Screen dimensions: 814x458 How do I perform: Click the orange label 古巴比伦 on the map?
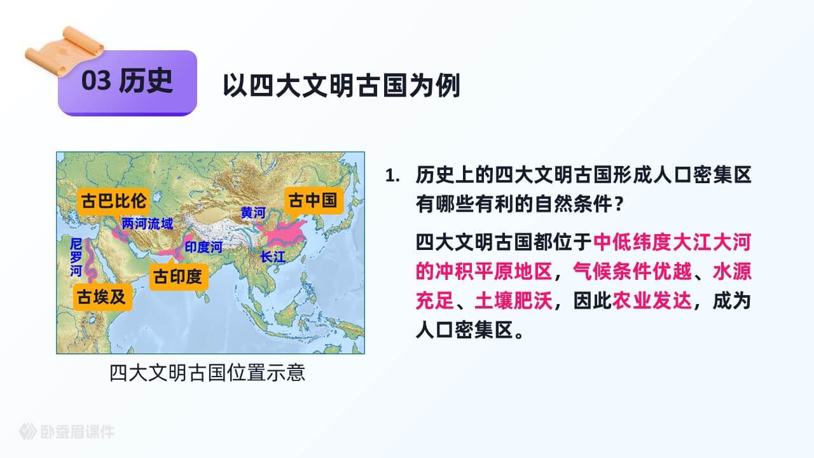pos(113,201)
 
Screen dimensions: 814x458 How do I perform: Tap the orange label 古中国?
pos(314,200)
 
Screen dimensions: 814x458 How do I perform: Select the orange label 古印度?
pos(179,277)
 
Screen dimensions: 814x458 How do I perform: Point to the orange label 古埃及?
pos(102,297)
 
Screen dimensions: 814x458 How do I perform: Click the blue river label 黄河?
pos(253,212)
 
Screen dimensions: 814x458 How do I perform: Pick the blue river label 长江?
pos(273,257)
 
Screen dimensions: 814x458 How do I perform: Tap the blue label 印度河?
pos(203,247)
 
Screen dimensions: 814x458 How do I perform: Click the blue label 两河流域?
pos(147,224)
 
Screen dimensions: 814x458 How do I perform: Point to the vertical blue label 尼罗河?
pos(76,258)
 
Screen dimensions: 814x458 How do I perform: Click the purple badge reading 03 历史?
pos(128,83)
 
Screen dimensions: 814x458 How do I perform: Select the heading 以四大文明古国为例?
pos(341,86)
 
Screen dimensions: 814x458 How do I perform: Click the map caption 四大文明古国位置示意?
pos(207,373)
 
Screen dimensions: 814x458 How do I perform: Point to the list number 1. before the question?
pos(392,176)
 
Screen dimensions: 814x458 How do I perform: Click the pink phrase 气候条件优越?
pos(632,272)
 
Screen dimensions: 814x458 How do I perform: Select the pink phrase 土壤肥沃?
pos(513,301)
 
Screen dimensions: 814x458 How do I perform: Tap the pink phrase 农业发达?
pos(652,301)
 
